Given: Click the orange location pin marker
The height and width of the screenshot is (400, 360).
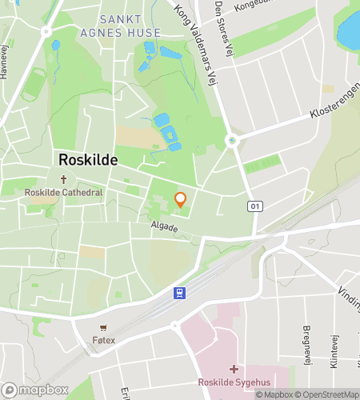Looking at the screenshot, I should (180, 200).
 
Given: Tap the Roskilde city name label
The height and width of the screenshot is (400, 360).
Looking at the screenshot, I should (88, 159).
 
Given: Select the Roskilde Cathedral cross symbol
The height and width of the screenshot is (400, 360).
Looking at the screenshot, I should (63, 180).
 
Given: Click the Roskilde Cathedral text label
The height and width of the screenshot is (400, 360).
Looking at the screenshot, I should (63, 193).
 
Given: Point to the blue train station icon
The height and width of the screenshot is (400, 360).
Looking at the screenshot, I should (181, 293).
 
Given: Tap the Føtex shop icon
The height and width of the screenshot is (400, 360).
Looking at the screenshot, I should (103, 328).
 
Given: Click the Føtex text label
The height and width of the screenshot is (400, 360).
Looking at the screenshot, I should (104, 340).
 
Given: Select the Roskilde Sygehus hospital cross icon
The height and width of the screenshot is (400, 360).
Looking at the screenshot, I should (234, 369).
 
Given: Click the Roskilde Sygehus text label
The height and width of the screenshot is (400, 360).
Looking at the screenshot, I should (234, 382).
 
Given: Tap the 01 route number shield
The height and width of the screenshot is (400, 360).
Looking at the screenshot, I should (255, 206).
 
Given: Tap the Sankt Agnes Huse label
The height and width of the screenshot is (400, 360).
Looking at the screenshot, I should (129, 26).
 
